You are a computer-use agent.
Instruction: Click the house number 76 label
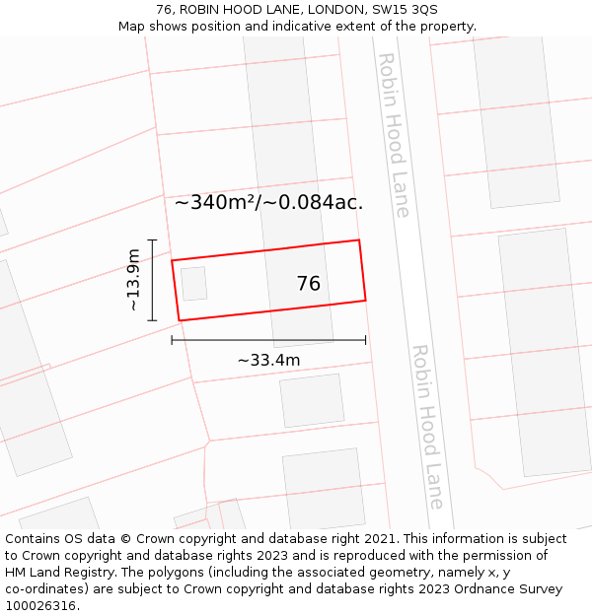[x=309, y=284]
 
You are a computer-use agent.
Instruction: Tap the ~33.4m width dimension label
[x=268, y=361]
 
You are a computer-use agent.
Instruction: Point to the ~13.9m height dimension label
[x=133, y=280]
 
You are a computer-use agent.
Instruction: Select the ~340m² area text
[x=215, y=203]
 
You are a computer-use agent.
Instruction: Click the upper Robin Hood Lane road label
[x=393, y=135]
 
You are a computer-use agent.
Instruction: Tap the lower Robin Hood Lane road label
[x=427, y=426]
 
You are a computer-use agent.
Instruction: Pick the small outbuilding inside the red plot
[x=193, y=284]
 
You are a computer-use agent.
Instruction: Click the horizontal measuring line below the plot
[x=268, y=340]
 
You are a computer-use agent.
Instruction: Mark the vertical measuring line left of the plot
[x=152, y=280]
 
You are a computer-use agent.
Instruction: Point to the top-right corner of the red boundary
[x=358, y=240]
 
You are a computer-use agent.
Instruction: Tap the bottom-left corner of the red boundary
[x=179, y=320]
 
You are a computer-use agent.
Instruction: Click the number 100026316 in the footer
[x=39, y=606]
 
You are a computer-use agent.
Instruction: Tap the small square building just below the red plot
[x=312, y=400]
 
